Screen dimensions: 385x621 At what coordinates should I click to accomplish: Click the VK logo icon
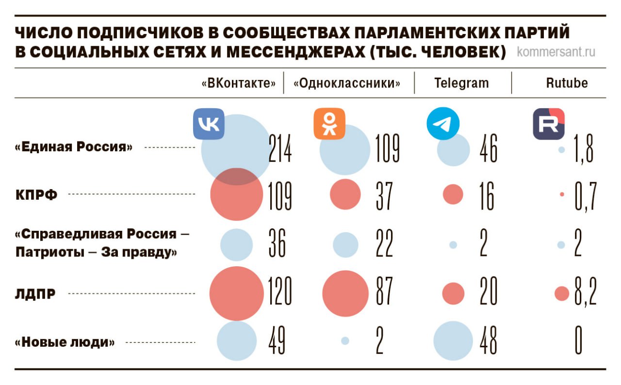(209, 125)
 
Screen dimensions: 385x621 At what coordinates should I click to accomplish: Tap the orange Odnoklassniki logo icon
(329, 124)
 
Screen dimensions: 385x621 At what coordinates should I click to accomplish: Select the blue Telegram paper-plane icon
(442, 124)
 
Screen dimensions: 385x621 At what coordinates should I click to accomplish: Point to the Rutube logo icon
(549, 124)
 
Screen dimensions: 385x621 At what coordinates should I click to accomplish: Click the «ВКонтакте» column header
(242, 83)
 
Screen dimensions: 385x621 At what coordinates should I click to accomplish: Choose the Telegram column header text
(461, 83)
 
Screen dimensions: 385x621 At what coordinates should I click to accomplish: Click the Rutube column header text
(567, 83)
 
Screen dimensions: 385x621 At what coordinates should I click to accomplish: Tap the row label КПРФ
(36, 195)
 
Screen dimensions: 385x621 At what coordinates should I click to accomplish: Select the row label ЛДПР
(35, 294)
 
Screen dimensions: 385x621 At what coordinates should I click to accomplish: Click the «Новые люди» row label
(65, 343)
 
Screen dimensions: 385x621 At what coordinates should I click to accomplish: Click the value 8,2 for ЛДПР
(585, 293)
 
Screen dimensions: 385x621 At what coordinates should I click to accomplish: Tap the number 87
(384, 293)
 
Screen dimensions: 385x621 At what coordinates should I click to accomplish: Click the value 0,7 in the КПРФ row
(585, 195)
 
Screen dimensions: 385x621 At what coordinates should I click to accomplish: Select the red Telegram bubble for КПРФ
(453, 194)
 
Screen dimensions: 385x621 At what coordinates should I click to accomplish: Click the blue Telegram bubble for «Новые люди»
(453, 341)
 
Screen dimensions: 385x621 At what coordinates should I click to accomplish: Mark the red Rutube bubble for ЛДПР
(561, 293)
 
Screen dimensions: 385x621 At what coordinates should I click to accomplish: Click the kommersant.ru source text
(556, 51)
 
